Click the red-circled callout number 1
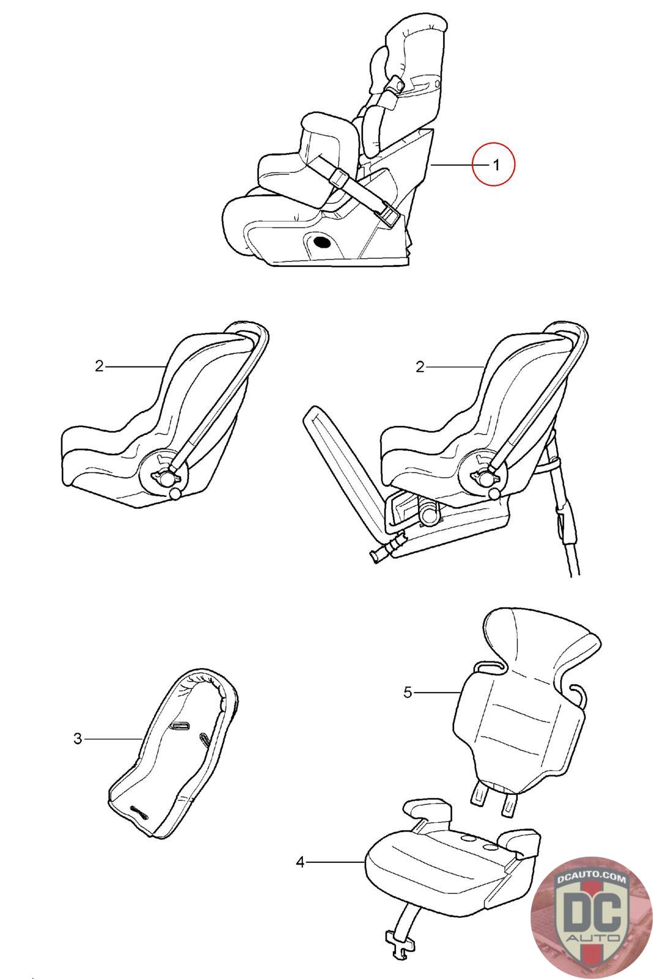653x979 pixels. click(x=496, y=165)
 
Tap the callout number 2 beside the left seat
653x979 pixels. click(x=99, y=367)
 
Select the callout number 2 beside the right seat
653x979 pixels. click(x=420, y=367)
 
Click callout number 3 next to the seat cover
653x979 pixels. click(x=77, y=739)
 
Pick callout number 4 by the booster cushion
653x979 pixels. click(x=300, y=862)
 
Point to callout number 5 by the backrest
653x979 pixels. click(x=408, y=692)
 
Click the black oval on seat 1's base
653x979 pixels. click(x=323, y=241)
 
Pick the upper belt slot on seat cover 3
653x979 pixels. click(x=179, y=726)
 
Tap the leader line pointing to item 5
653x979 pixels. click(x=438, y=692)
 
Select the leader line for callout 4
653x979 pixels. click(x=335, y=862)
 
